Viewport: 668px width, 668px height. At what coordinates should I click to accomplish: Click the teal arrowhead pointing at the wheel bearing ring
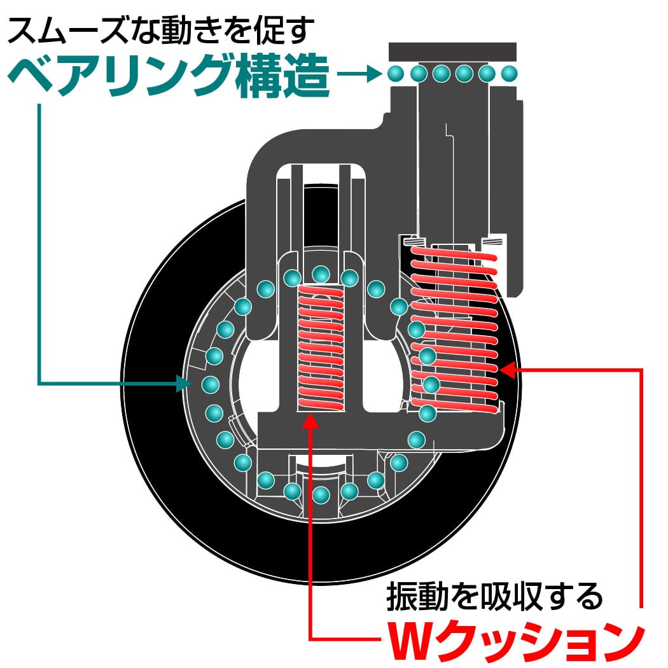[185, 383]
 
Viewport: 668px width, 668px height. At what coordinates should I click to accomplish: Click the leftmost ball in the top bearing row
[396, 74]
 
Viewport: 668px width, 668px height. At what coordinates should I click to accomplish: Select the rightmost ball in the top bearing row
[508, 74]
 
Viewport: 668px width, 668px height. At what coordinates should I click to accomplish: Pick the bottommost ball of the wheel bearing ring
[321, 494]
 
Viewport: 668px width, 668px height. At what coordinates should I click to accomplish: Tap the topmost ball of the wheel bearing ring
[321, 274]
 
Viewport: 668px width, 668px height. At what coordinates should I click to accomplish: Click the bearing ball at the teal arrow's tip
[210, 384]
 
